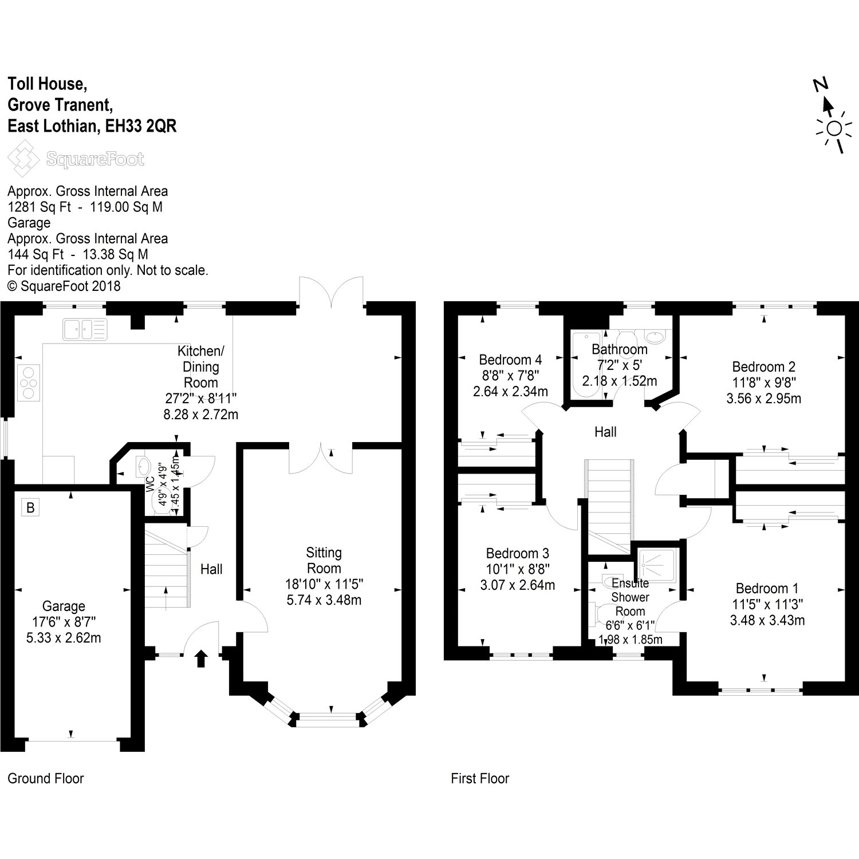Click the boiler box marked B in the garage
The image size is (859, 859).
tap(30, 507)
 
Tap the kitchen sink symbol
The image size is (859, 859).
tap(85, 329)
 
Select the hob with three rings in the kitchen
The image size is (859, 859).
tap(29, 382)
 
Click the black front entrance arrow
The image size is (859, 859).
tap(201, 659)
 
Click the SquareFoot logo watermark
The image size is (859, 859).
tap(76, 159)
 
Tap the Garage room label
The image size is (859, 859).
tap(64, 606)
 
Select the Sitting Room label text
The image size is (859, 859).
tap(324, 561)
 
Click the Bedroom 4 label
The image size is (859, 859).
tap(510, 360)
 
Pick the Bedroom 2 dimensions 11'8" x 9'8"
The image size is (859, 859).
tap(764, 382)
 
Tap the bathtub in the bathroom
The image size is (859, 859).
tap(585, 364)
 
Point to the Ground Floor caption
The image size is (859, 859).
tap(46, 778)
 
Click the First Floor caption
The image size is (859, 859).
tap(480, 778)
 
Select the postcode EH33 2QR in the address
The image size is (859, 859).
tap(141, 127)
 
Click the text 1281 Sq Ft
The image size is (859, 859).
tap(40, 207)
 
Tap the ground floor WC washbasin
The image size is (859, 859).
tap(143, 467)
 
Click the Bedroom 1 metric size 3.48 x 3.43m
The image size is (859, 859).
tap(767, 620)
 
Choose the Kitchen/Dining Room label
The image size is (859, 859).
tap(200, 367)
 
